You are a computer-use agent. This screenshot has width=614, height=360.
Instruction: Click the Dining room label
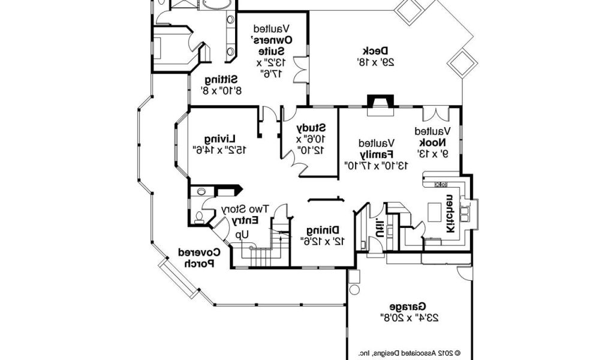point(323,230)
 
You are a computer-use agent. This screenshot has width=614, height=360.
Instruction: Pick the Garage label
point(408,305)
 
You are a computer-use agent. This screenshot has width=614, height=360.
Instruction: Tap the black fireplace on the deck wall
point(380,102)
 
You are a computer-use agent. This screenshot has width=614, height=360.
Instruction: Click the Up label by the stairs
point(242,233)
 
